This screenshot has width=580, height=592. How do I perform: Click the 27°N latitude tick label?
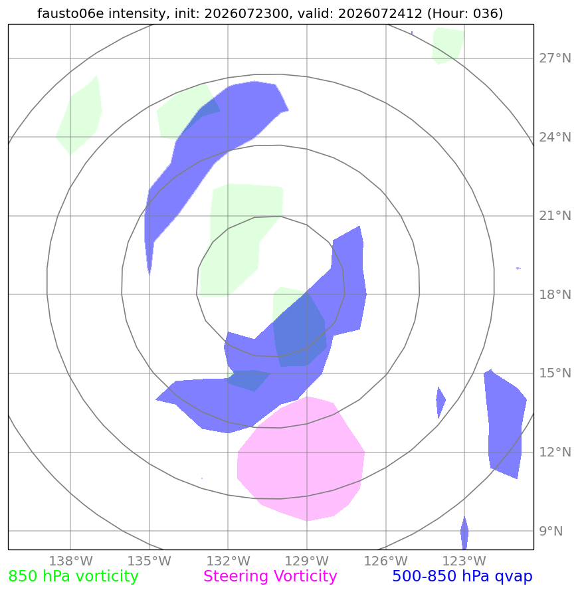(x=555, y=58)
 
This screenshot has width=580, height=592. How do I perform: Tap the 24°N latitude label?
(x=555, y=138)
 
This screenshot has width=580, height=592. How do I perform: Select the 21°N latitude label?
(x=555, y=216)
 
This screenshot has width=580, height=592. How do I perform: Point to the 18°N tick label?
(x=555, y=294)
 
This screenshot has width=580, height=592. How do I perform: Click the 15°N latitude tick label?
(x=555, y=373)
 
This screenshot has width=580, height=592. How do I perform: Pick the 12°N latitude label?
(x=555, y=452)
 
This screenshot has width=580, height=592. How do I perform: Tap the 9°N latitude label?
(x=551, y=532)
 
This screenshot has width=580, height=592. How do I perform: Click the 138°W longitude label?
(x=70, y=561)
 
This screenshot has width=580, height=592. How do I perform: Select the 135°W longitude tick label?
(x=149, y=561)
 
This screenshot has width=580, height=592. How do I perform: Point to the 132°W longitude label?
(x=228, y=561)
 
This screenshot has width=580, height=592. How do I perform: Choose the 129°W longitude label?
(x=307, y=561)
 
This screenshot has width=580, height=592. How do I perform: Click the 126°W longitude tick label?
(x=385, y=561)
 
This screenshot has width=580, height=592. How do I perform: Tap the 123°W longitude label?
(x=464, y=561)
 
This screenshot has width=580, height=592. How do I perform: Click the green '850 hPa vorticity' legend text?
(x=73, y=577)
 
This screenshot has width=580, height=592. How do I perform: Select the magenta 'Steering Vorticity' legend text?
(x=270, y=577)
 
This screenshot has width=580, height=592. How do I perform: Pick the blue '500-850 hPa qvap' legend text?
(x=462, y=577)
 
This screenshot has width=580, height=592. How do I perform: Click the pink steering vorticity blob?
(x=301, y=458)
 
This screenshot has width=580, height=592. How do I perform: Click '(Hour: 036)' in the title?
(x=465, y=13)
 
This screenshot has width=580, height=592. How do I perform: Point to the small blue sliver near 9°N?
(x=464, y=533)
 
